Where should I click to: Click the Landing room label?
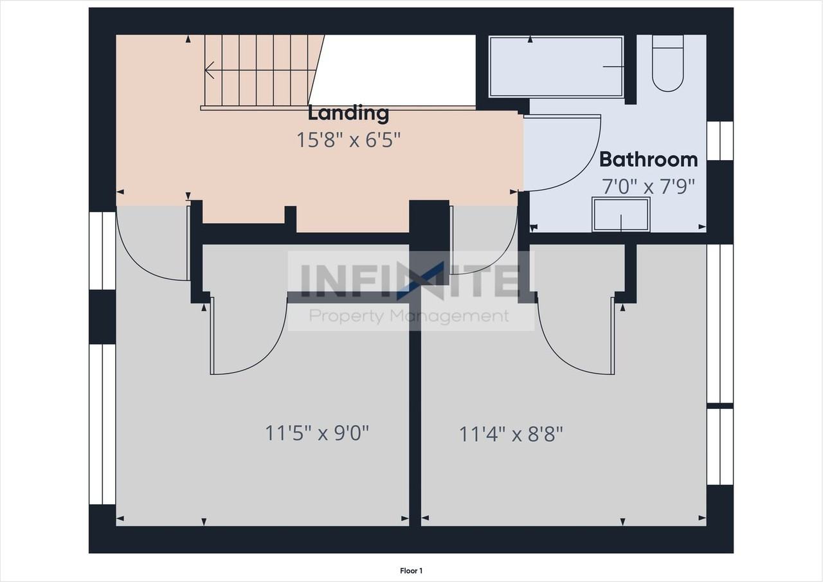(x=348, y=113)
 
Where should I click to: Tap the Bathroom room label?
(x=648, y=159)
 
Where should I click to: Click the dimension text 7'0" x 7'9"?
(x=648, y=186)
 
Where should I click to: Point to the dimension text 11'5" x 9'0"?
(x=317, y=433)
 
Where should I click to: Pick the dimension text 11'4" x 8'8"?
(x=511, y=434)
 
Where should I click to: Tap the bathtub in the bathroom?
(x=556, y=67)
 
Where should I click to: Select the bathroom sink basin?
(x=621, y=214)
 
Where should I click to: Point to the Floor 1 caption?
(x=411, y=570)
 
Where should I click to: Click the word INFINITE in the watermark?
(x=410, y=281)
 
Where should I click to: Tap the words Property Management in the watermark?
(x=409, y=316)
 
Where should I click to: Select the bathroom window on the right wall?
(x=719, y=141)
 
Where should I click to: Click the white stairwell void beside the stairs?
(x=399, y=69)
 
